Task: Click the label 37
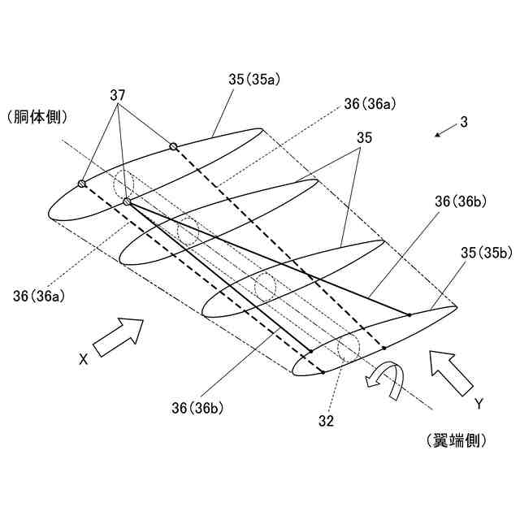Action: tap(118, 95)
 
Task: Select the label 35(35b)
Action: tap(487, 253)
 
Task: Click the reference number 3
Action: tap(463, 123)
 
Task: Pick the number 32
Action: tap(326, 421)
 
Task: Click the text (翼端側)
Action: tap(456, 440)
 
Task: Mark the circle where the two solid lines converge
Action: tap(127, 201)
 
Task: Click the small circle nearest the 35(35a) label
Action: tap(173, 146)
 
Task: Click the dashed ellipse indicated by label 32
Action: tap(348, 347)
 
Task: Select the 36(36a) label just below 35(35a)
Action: tap(370, 103)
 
